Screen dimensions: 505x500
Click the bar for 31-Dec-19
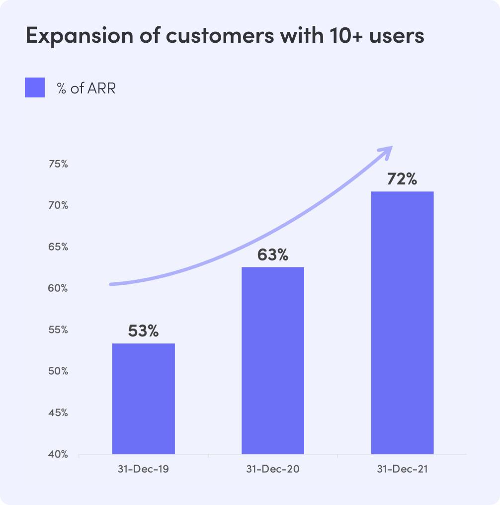pyautogui.click(x=143, y=399)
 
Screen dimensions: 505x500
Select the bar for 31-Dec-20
pyautogui.click(x=273, y=360)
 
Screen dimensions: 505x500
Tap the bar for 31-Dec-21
pyautogui.click(x=402, y=323)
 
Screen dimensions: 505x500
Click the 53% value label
pyautogui.click(x=143, y=331)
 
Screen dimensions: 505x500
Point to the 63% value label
pyautogui.click(x=273, y=255)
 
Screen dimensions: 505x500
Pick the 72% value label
pyautogui.click(x=402, y=179)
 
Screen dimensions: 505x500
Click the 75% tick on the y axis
pyautogui.click(x=58, y=164)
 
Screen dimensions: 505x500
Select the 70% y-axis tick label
pyautogui.click(x=58, y=205)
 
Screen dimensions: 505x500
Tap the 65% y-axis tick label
pyautogui.click(x=58, y=247)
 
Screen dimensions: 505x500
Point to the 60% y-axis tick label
pyautogui.click(x=58, y=288)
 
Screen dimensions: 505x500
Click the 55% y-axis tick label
pyautogui.click(x=58, y=330)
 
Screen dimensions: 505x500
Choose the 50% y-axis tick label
pyautogui.click(x=58, y=371)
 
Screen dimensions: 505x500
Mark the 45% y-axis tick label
pyautogui.click(x=58, y=413)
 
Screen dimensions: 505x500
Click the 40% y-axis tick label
pyautogui.click(x=58, y=454)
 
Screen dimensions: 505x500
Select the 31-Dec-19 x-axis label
pyautogui.click(x=143, y=469)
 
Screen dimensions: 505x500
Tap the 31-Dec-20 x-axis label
pyautogui.click(x=273, y=469)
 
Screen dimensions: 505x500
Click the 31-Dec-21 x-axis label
pyautogui.click(x=402, y=469)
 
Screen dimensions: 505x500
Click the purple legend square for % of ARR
pyautogui.click(x=35, y=88)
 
